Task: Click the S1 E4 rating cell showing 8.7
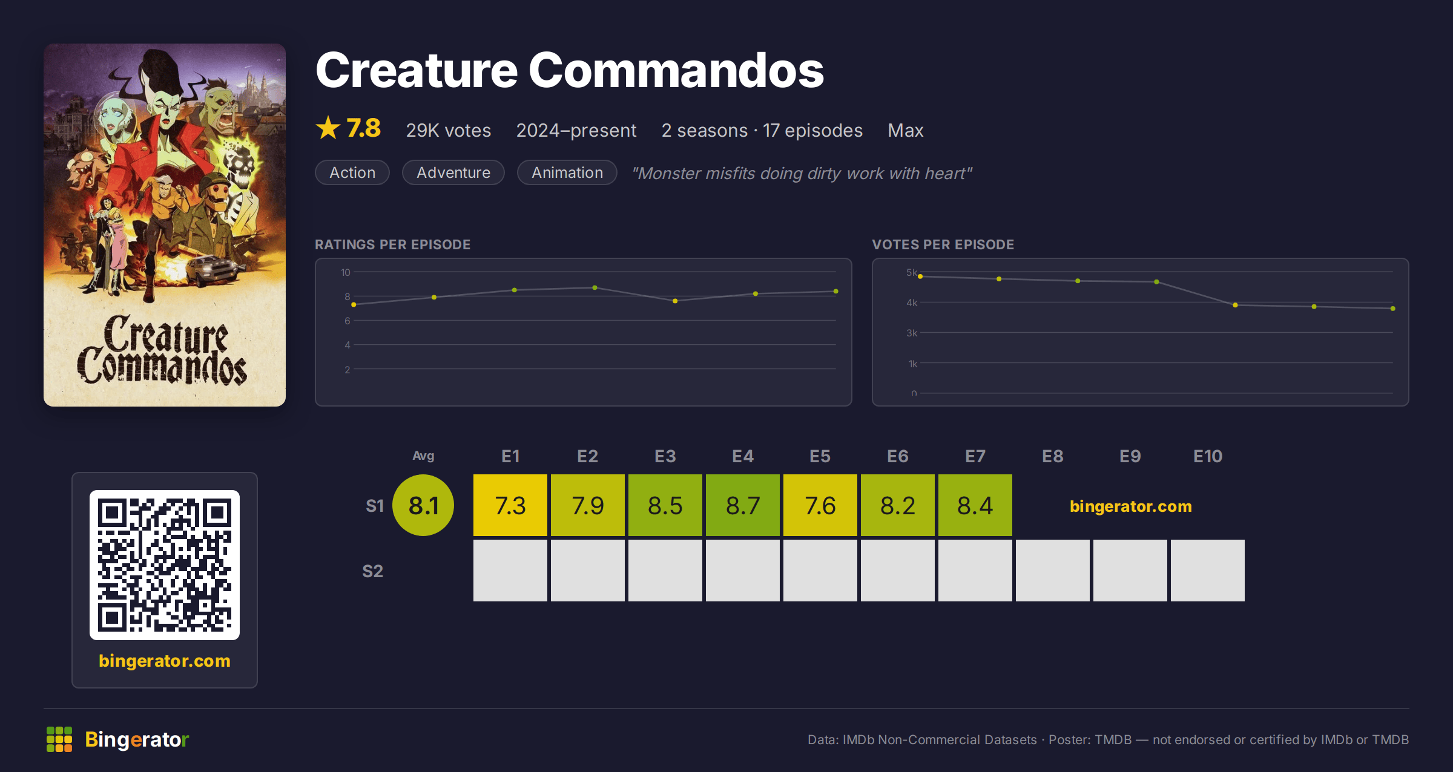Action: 743,505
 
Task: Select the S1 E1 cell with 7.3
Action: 510,505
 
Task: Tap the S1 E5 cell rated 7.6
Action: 820,505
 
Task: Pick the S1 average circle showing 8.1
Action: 423,505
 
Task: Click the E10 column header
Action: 1208,456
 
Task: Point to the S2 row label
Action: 373,571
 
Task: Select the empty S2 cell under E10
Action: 1208,571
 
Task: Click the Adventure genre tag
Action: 453,172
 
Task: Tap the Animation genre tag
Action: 567,172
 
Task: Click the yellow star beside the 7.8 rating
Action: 328,128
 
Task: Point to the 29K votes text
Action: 449,131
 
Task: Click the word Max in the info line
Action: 906,131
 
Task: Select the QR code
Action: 165,565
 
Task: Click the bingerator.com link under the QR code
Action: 165,661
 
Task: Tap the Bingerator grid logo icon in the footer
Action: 59,739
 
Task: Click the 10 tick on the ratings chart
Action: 345,272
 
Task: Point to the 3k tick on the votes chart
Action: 912,333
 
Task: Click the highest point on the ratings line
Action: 595,287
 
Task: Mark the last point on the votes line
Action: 1393,309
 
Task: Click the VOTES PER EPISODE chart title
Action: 943,244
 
